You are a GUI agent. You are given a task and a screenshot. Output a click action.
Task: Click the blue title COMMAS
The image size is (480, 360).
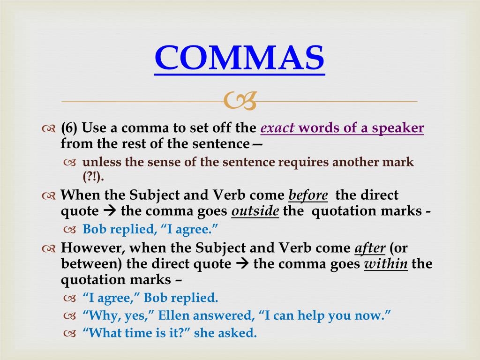point(240,57)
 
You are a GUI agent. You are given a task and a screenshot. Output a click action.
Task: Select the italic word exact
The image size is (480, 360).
point(277,128)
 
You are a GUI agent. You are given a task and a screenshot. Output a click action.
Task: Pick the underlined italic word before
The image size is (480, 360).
point(308,195)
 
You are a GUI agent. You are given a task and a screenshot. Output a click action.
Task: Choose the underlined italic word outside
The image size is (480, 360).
point(255,211)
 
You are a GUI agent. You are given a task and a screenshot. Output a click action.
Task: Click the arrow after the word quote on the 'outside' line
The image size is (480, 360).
point(110,211)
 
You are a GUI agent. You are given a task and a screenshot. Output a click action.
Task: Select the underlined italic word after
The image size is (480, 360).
point(370,248)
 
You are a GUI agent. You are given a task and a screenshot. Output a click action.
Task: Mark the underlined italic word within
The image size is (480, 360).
point(386,264)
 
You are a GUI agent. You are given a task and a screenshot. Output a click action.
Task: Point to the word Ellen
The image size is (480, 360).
point(174,315)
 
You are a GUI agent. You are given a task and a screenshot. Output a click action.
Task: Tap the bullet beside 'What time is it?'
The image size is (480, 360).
point(69,333)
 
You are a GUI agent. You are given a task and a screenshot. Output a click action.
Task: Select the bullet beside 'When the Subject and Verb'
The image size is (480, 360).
point(48,196)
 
